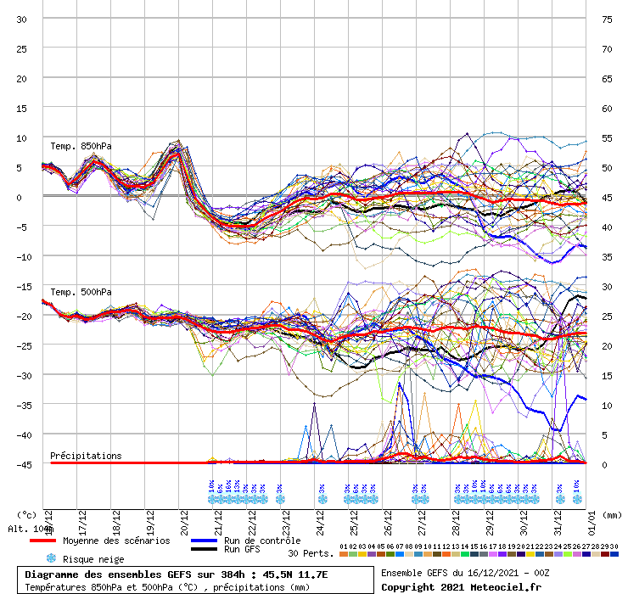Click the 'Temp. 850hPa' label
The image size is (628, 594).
pos(81,146)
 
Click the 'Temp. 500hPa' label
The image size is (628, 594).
pos(81,293)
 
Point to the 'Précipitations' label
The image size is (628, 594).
pos(86,456)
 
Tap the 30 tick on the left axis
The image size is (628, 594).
pos(21,19)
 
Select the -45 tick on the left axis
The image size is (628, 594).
pos(21,464)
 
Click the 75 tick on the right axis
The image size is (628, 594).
pos(607,19)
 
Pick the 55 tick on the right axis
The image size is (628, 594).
pos(607,137)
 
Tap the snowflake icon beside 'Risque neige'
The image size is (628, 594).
pos(51,559)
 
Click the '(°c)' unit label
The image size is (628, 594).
pos(27,514)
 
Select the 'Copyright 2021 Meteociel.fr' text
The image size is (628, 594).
pos(461,586)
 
